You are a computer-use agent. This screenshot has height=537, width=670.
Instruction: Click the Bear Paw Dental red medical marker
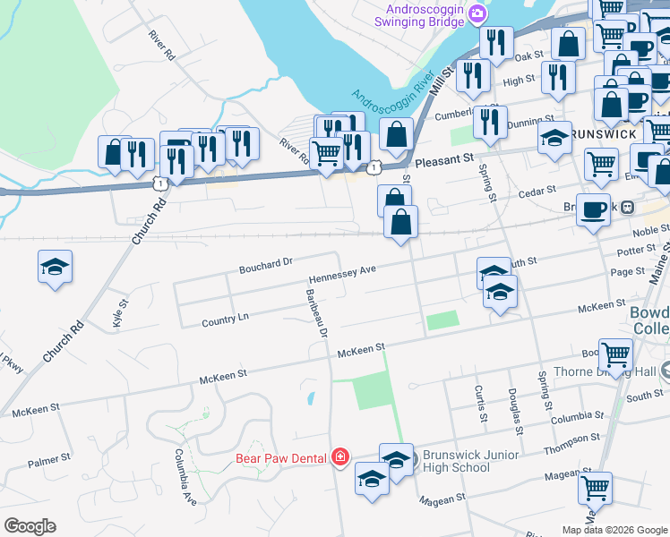pyautogui.click(x=339, y=458)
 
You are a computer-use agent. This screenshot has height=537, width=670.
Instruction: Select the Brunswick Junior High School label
pyautogui.click(x=470, y=461)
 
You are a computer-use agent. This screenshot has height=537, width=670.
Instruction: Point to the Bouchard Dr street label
pyautogui.click(x=266, y=264)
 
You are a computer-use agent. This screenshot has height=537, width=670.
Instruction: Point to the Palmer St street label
pyautogui.click(x=48, y=462)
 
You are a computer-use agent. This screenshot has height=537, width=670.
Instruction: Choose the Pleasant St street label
pyautogui.click(x=444, y=161)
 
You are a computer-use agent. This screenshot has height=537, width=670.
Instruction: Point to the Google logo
pyautogui.click(x=30, y=526)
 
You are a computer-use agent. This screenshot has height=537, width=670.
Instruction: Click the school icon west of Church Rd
pyautogui.click(x=56, y=267)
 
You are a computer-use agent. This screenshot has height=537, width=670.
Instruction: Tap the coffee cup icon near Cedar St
pyautogui.click(x=593, y=209)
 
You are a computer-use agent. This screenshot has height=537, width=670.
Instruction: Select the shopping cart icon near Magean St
pyautogui.click(x=595, y=489)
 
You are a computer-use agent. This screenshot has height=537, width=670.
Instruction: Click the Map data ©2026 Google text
pyautogui.click(x=614, y=530)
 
